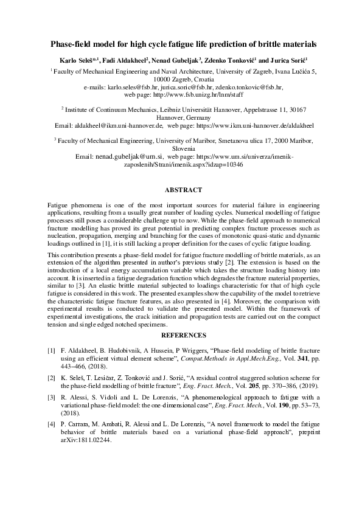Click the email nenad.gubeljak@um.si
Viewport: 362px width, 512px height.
[x=128, y=156]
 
